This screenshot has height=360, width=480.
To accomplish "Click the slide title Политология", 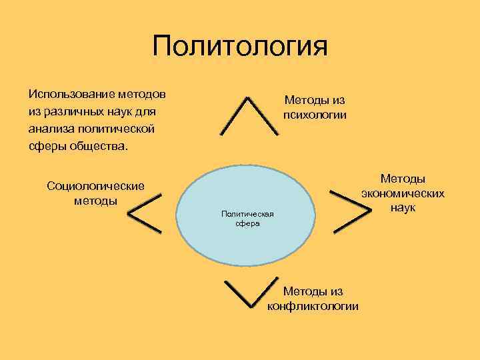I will click(x=240, y=47).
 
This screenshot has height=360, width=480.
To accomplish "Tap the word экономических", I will click(x=403, y=193).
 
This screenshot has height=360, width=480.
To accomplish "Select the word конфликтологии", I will click(x=313, y=306).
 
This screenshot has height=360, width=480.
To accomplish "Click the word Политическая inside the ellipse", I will click(x=247, y=213).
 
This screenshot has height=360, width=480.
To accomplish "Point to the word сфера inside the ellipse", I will click(x=247, y=224).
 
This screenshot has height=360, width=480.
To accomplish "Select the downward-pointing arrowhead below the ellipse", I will click(x=247, y=293).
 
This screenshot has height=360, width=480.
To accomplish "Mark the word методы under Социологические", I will click(x=95, y=200).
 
